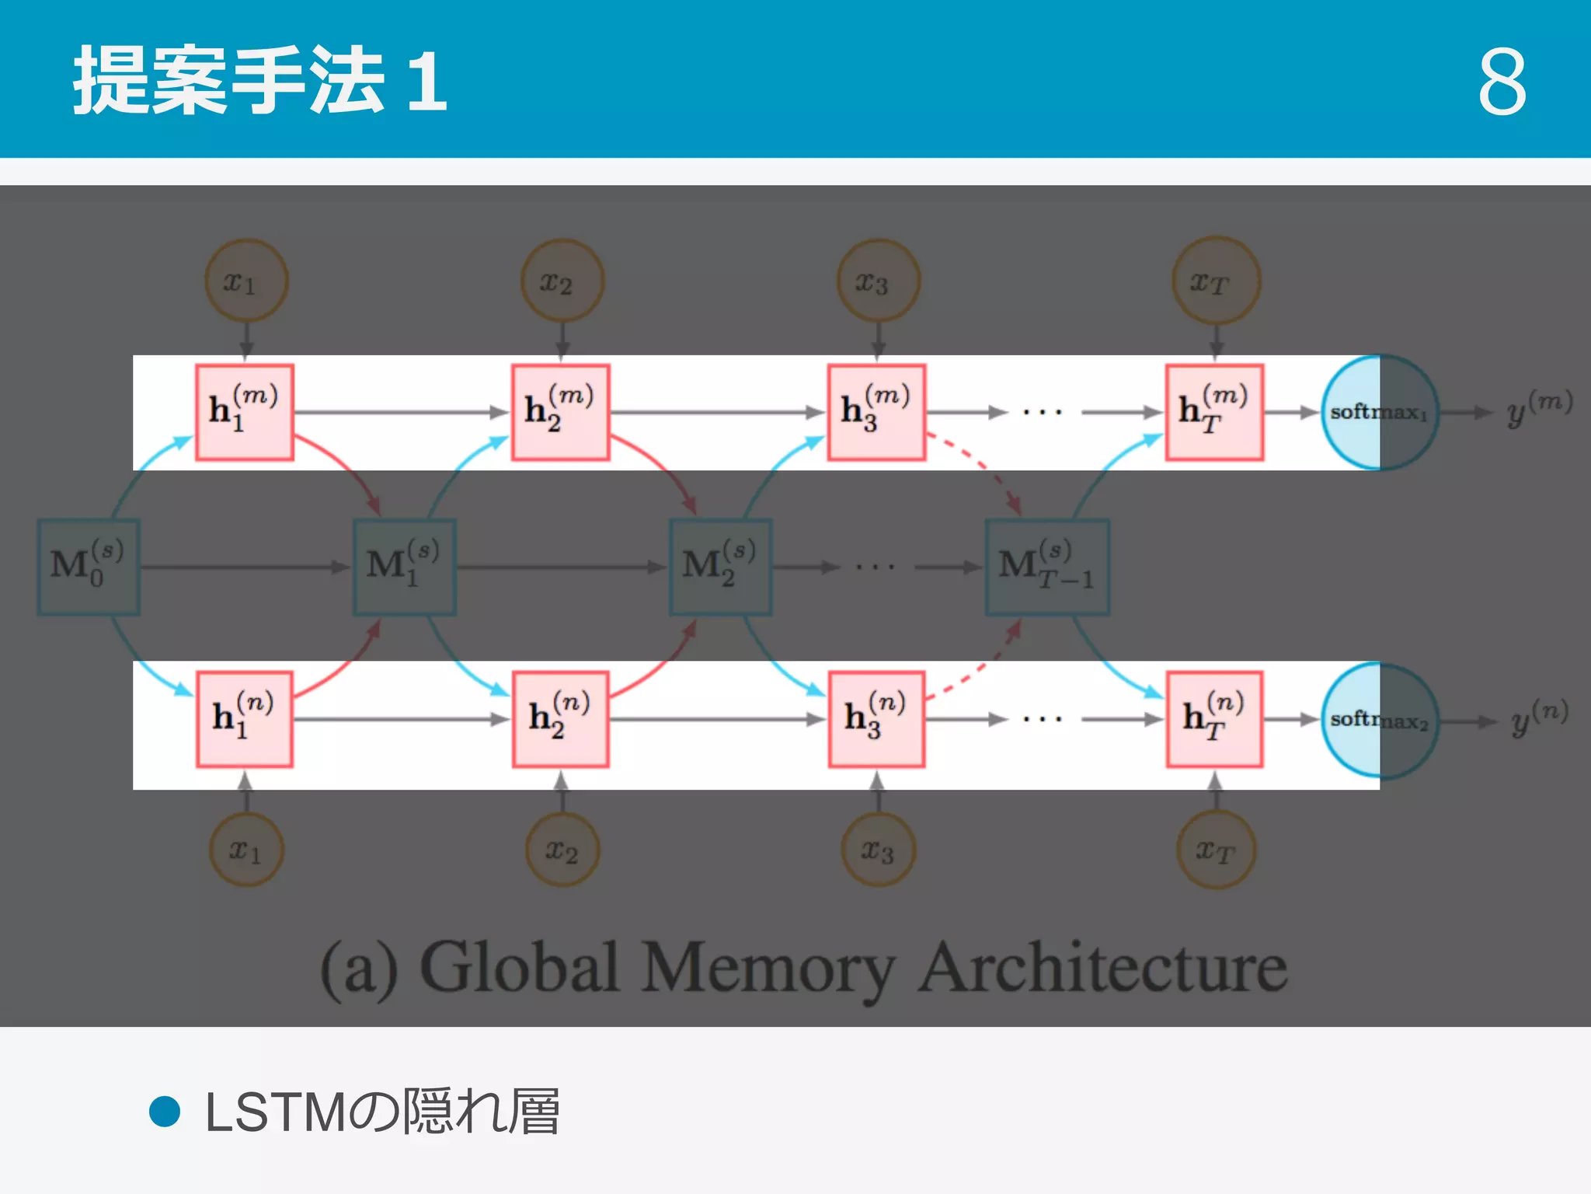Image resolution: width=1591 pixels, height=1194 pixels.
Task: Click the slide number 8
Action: [x=1502, y=81]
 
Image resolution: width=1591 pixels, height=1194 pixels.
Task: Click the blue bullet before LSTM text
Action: [x=165, y=1112]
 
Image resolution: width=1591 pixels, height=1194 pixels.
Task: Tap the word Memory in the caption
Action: [x=767, y=968]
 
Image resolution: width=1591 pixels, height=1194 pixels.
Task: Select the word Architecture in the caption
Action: [x=1102, y=968]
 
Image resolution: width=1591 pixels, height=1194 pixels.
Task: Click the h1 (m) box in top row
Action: [x=244, y=412]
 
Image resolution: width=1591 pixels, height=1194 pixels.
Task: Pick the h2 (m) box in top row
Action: [x=560, y=412]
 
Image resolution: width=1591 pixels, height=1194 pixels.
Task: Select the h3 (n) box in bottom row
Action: [x=876, y=719]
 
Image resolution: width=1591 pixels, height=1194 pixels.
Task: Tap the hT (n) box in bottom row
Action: [x=1214, y=719]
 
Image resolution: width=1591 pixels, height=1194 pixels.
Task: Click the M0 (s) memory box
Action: [x=89, y=567]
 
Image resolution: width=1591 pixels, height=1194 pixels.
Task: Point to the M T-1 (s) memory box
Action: [x=1047, y=567]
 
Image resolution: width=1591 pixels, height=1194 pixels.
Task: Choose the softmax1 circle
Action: [x=1379, y=412]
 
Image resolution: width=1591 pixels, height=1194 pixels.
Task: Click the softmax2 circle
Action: [x=1379, y=721]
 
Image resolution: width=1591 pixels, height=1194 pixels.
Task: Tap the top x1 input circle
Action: [x=245, y=281]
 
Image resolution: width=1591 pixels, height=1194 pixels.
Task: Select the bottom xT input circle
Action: [x=1216, y=850]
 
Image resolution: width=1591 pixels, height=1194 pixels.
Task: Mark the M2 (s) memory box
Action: [x=720, y=567]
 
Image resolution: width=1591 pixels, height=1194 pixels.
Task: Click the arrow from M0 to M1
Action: [x=245, y=567]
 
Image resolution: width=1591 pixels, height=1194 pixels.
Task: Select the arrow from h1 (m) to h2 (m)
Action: [x=401, y=412]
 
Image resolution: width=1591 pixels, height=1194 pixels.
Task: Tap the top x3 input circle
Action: [x=878, y=281]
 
